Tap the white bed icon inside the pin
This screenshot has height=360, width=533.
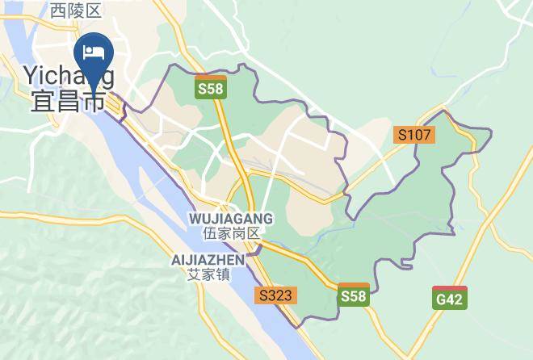coord(94,52)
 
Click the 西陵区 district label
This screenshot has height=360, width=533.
coord(75,10)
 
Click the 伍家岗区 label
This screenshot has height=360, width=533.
coord(230,233)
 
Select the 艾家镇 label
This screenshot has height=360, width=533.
coord(208,274)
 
